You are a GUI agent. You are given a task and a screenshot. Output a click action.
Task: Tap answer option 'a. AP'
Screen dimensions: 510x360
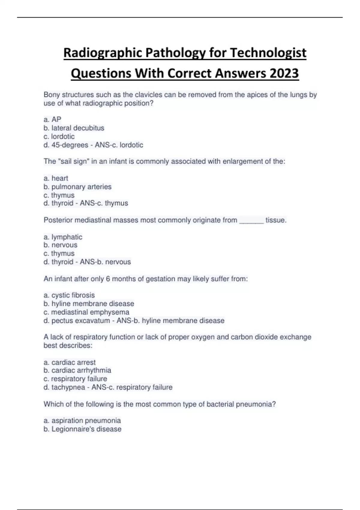click(52, 119)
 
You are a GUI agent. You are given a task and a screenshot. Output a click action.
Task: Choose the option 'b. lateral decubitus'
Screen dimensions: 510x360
click(74, 128)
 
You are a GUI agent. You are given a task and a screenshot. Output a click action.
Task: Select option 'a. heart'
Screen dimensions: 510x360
click(56, 178)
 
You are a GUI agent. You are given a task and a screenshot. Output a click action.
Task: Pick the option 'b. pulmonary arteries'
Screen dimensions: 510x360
click(77, 187)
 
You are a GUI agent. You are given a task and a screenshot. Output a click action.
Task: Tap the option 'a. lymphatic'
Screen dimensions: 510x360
click(63, 237)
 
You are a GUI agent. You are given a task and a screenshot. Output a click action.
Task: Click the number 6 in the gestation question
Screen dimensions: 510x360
click(108, 279)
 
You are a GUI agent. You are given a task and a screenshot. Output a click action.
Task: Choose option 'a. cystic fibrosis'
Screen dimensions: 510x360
click(69, 295)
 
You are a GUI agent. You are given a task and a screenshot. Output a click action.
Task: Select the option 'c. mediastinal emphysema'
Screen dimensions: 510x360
click(86, 312)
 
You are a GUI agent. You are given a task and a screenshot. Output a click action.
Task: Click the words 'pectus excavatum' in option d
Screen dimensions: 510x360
click(81, 321)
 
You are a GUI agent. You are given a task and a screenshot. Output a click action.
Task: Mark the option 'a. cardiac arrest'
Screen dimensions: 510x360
click(70, 362)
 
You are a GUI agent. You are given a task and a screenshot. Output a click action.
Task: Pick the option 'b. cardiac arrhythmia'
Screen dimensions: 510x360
click(77, 370)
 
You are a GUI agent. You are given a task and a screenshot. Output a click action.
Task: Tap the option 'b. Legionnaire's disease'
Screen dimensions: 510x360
click(82, 429)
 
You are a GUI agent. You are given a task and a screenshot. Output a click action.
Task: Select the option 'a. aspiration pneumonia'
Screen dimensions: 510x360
click(82, 421)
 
